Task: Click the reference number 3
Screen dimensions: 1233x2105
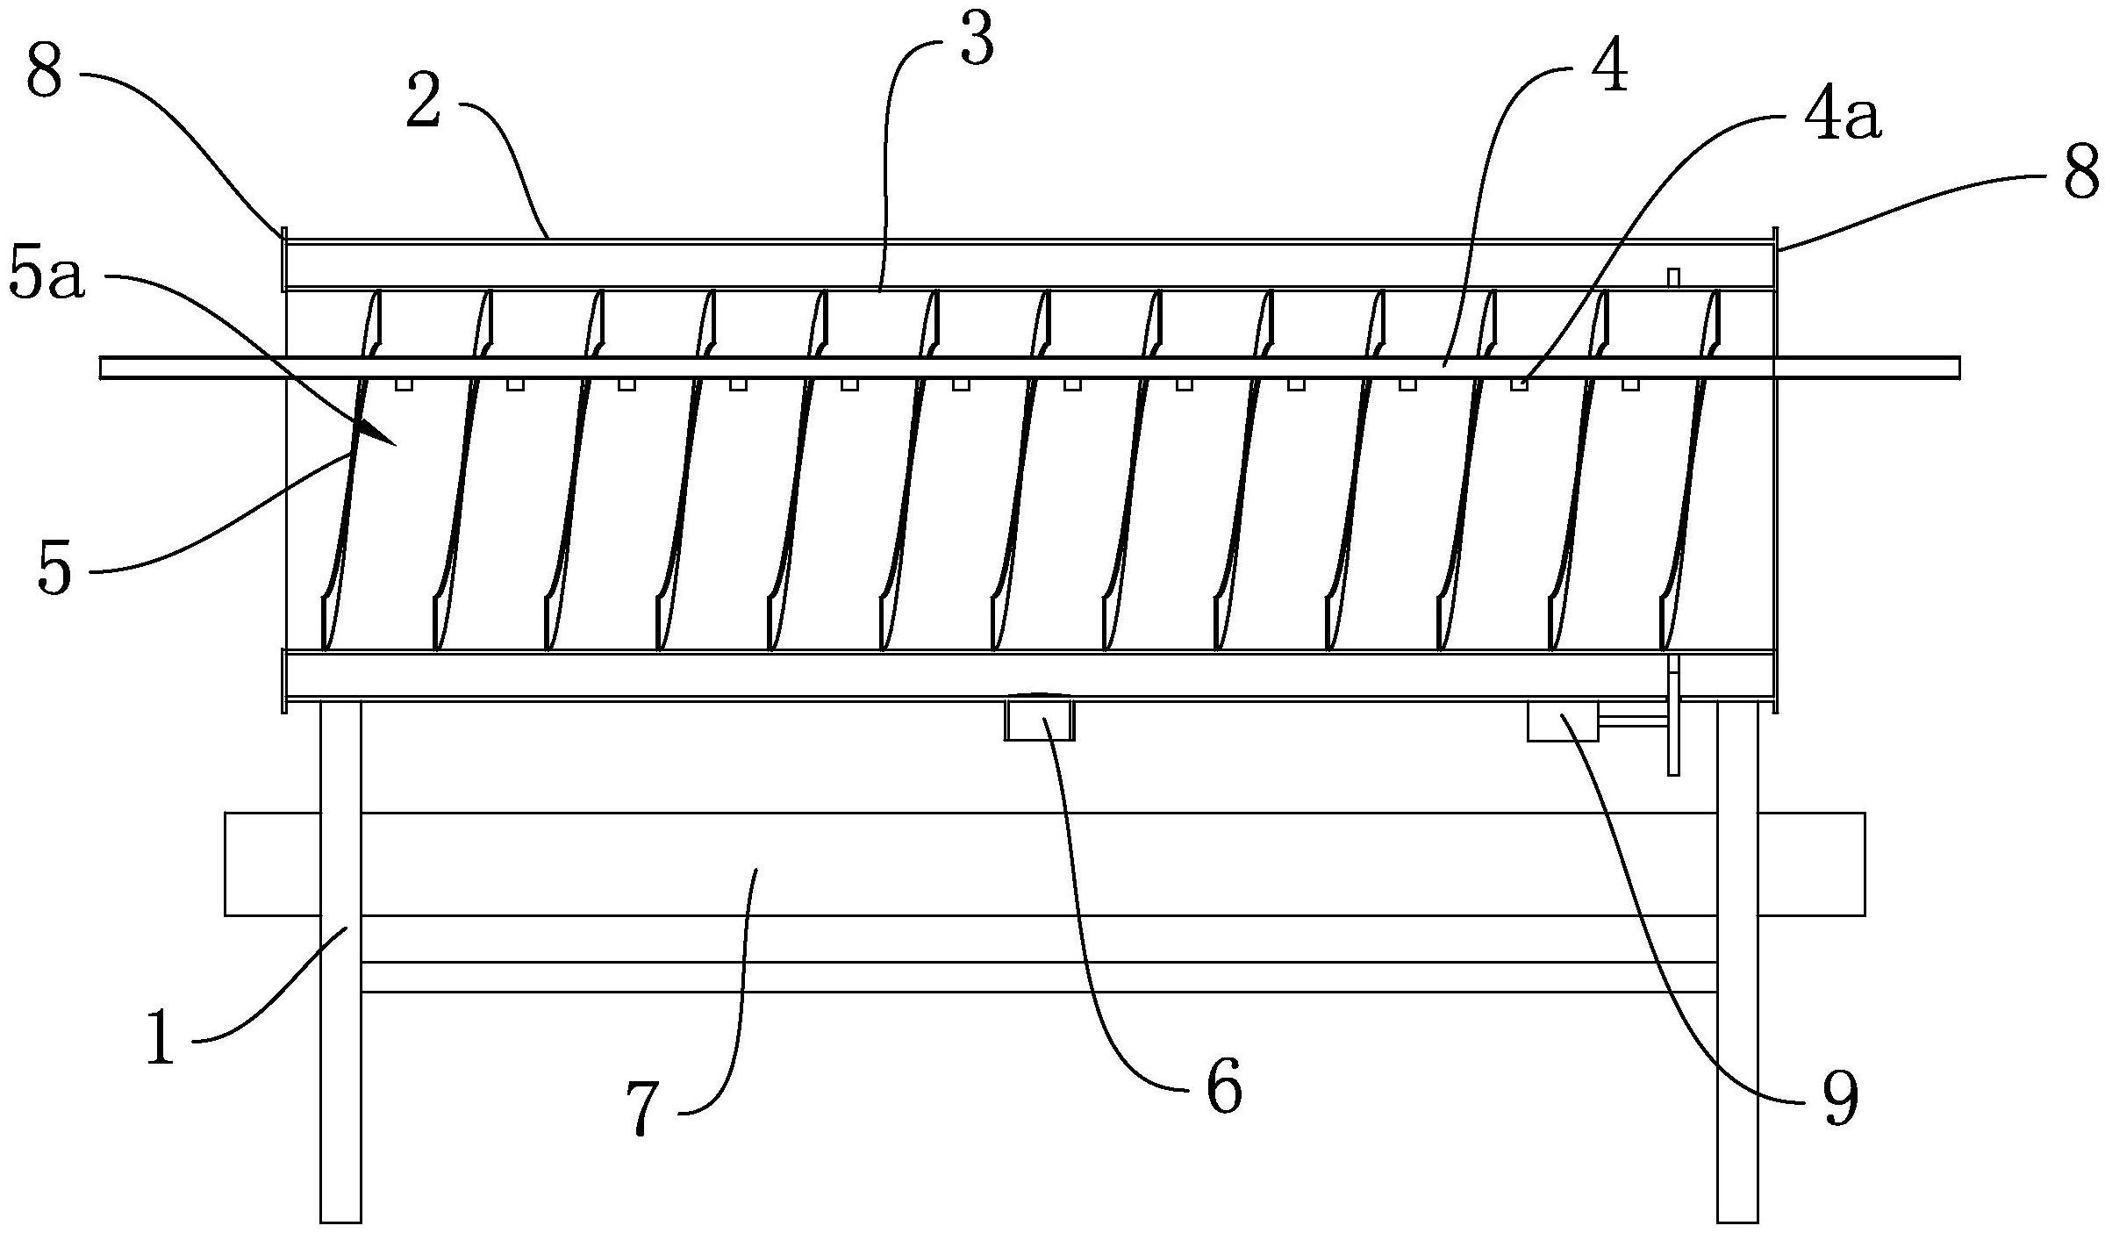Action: click(x=977, y=41)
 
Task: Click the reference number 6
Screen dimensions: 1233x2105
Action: click(x=1225, y=1086)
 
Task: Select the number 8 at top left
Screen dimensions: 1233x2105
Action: click(x=44, y=72)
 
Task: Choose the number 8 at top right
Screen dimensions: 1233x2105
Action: click(x=2080, y=175)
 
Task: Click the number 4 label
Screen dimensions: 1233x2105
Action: click(x=1607, y=68)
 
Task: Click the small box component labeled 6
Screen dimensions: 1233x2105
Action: click(x=1039, y=719)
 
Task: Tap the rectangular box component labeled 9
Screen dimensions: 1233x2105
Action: click(x=1562, y=720)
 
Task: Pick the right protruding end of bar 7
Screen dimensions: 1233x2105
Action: click(x=1811, y=864)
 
